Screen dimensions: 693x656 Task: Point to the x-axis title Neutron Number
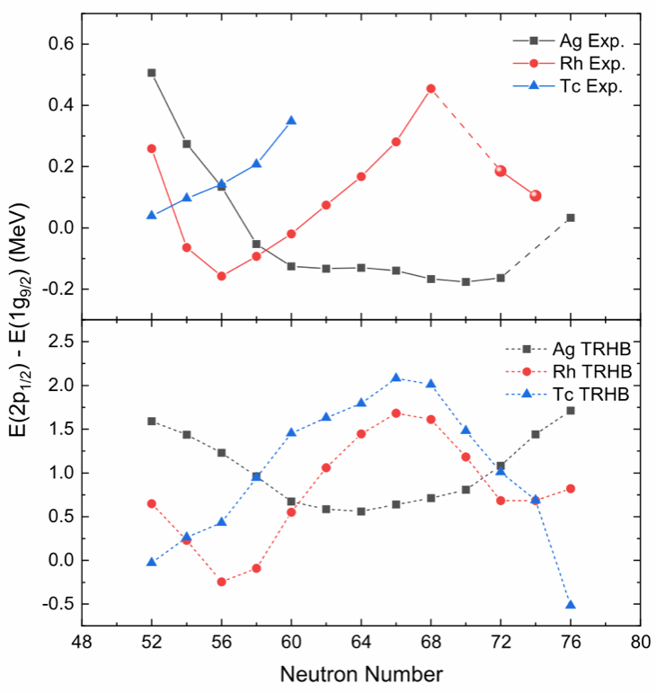pos(361,672)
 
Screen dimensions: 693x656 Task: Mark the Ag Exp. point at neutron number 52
pos(152,73)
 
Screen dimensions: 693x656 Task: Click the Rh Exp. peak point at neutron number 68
pos(431,88)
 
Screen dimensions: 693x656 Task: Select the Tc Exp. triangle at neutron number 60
pos(291,120)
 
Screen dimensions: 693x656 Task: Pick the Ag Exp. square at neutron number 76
pos(571,218)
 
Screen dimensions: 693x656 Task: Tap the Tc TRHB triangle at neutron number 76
pos(571,605)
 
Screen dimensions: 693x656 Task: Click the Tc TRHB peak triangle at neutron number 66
pos(396,378)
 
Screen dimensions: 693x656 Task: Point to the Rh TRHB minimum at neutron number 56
pos(221,582)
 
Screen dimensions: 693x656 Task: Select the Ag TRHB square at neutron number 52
pos(152,421)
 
